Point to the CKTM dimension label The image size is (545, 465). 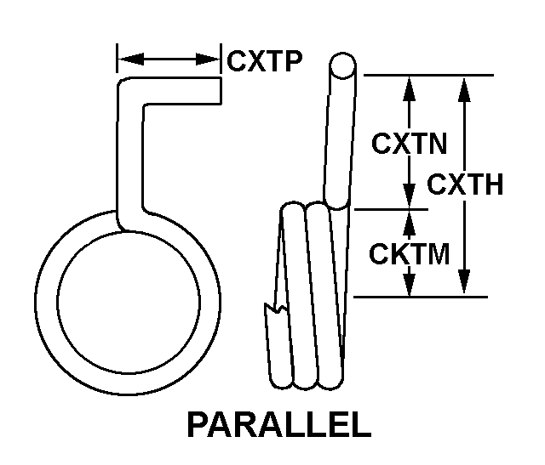click(x=410, y=252)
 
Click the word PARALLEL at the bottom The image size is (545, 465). click(x=278, y=424)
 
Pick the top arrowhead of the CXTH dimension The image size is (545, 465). click(x=464, y=85)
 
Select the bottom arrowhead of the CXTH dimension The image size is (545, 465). click(x=464, y=286)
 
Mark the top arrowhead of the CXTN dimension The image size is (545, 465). click(x=410, y=85)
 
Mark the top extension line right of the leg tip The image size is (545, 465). click(x=426, y=76)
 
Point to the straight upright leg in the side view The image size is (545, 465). click(x=338, y=136)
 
